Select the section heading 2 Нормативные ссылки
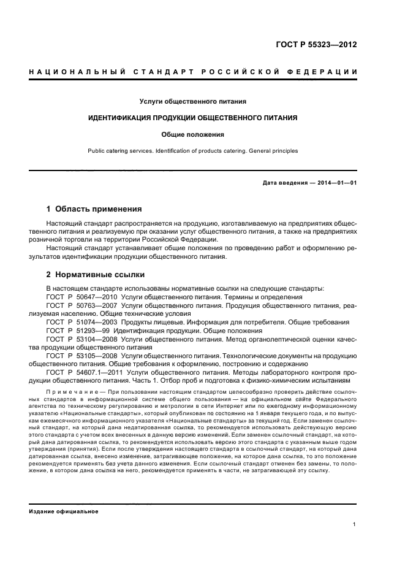[96, 274]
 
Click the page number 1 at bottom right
[355, 524]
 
